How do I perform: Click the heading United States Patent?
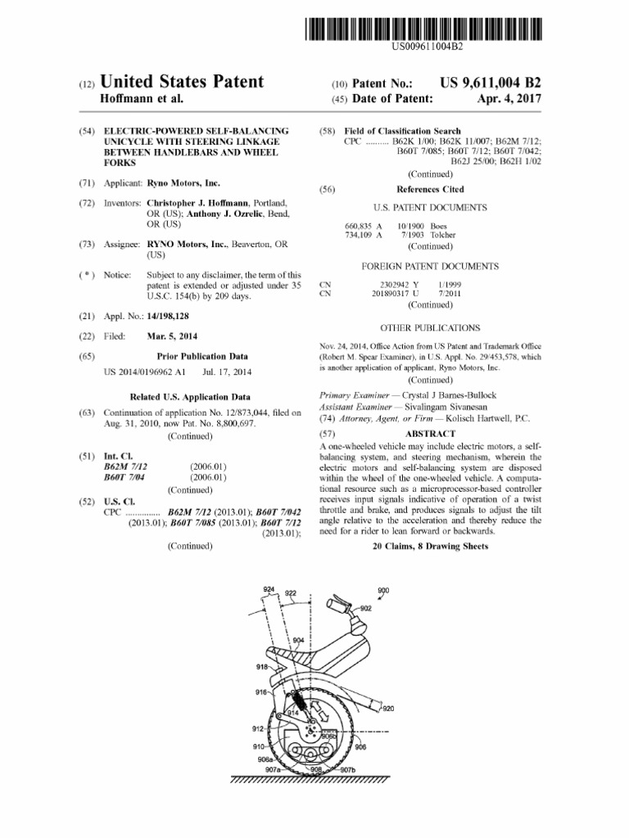pyautogui.click(x=182, y=82)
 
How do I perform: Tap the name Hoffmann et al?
pyautogui.click(x=141, y=99)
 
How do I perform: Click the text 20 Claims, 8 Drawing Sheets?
pyautogui.click(x=430, y=546)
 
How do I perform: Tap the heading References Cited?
pyautogui.click(x=430, y=188)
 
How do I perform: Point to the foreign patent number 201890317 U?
pyautogui.click(x=396, y=293)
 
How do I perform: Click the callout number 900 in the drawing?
pyautogui.click(x=383, y=590)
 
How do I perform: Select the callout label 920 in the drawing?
pyautogui.click(x=387, y=708)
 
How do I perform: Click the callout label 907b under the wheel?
pyautogui.click(x=348, y=770)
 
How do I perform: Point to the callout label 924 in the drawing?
pyautogui.click(x=269, y=589)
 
